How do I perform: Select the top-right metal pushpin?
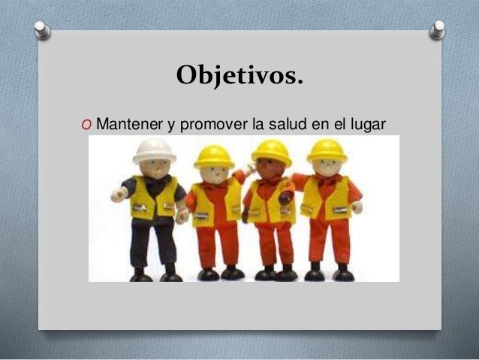(438, 29)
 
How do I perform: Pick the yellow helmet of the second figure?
(214, 156)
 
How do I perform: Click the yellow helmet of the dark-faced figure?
(271, 151)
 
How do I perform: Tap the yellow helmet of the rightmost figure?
(327, 149)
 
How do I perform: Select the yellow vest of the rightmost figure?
(327, 198)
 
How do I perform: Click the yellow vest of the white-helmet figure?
(155, 198)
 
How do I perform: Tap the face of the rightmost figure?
(328, 168)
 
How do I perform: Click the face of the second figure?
(215, 172)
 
